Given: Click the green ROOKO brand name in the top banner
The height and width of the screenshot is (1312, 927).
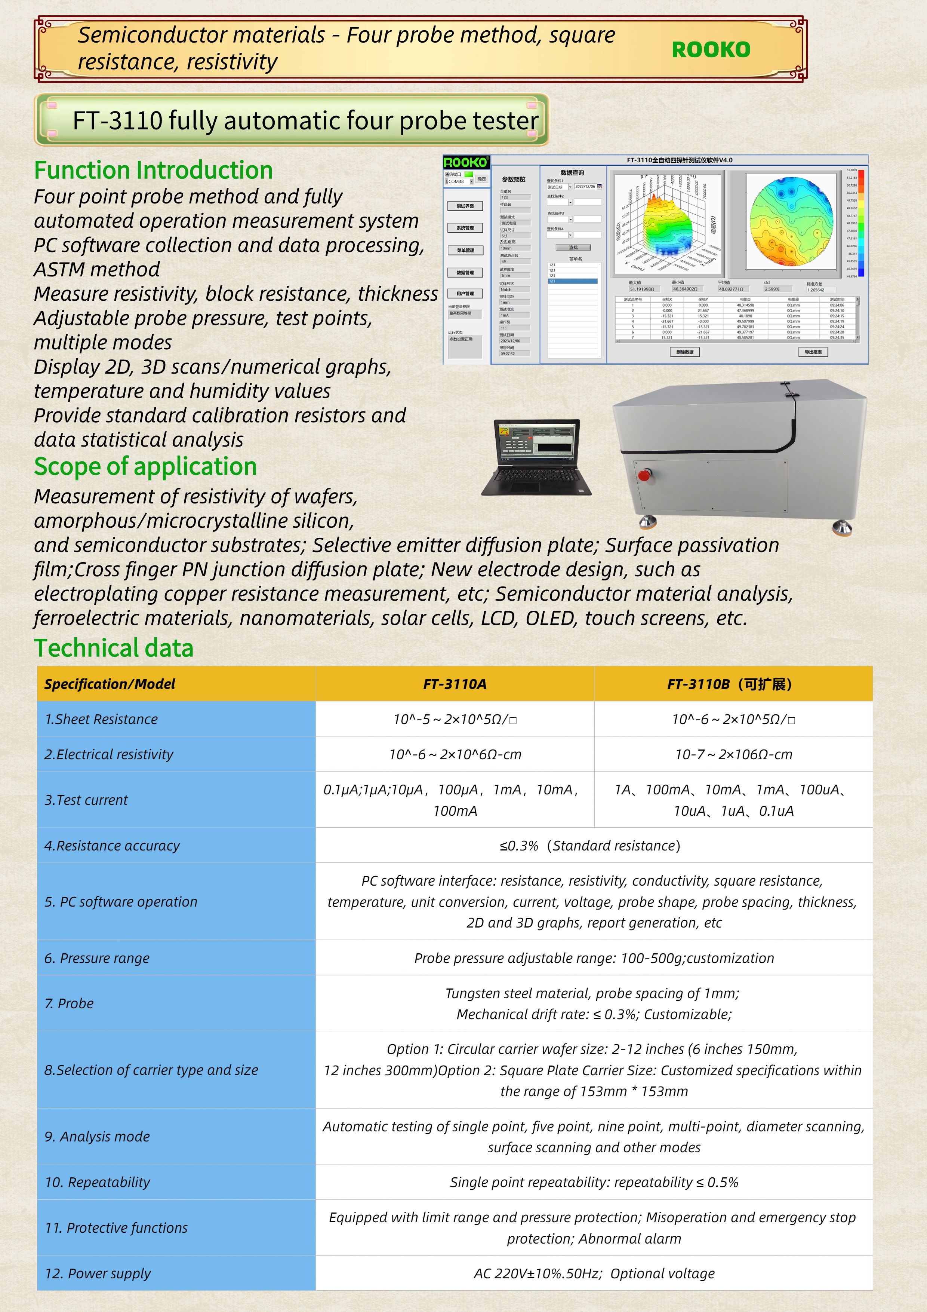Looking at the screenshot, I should [711, 50].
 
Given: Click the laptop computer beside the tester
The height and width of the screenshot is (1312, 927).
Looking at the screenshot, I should [536, 457].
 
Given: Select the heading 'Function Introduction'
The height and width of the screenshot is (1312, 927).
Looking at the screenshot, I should [153, 170].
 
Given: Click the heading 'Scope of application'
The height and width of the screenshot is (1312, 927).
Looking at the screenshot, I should [145, 466].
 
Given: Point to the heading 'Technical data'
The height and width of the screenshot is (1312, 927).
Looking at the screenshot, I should [114, 648].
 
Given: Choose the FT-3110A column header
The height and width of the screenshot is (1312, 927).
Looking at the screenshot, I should [455, 684].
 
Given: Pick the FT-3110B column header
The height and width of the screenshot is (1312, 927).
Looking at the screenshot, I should [732, 684].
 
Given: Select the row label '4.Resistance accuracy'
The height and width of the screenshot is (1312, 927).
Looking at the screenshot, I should [112, 846].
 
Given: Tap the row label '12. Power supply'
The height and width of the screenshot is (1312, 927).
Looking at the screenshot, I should [98, 1274].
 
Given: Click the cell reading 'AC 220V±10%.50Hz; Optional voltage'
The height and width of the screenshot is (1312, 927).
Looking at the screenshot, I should [594, 1274].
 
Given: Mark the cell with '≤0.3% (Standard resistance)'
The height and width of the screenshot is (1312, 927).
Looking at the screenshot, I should [590, 846].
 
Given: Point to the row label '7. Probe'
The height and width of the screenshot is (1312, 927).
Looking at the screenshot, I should [69, 1003].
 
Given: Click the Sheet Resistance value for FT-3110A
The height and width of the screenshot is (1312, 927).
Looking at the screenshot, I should [455, 720].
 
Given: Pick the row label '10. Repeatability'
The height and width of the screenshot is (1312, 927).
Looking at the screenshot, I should [98, 1182].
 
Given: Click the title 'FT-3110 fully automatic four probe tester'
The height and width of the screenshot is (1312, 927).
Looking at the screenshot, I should [305, 120].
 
